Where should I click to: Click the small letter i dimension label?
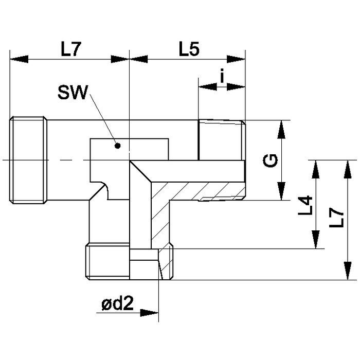(222, 77)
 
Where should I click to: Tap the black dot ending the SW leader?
(118, 146)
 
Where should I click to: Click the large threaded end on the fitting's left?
(28, 160)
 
